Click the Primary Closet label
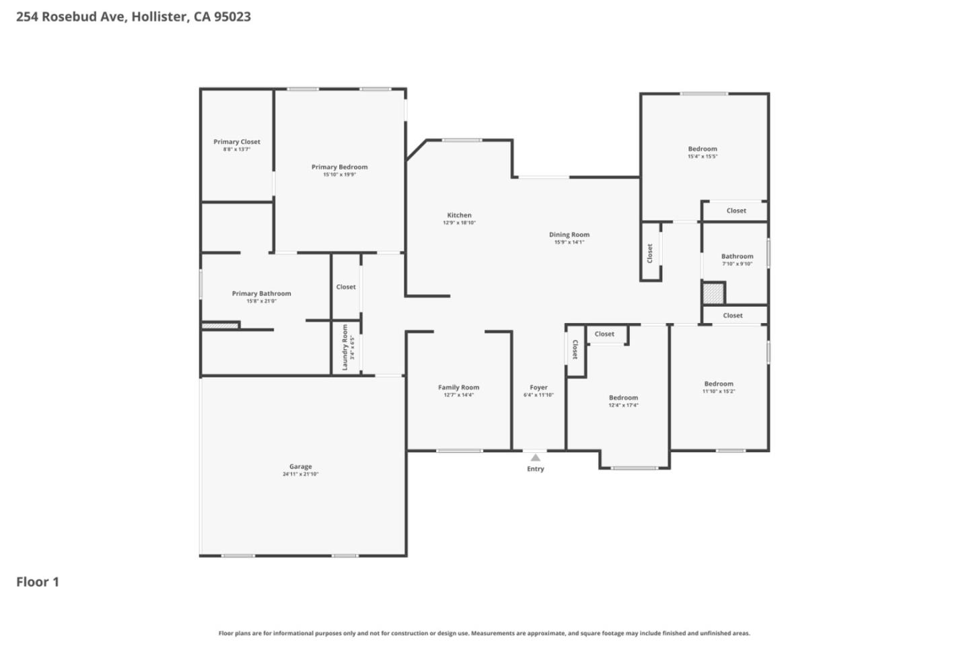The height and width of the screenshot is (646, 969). click(237, 142)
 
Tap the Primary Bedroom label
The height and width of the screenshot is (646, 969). click(339, 167)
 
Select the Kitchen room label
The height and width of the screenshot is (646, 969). click(460, 215)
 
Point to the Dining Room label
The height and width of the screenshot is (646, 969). click(569, 235)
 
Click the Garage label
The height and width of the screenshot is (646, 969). click(301, 466)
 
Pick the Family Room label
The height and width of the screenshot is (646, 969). click(459, 387)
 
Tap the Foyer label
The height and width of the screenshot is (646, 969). click(538, 388)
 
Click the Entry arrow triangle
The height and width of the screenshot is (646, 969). click(535, 458)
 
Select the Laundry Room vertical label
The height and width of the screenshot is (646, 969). click(345, 347)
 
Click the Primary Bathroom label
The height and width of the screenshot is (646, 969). click(262, 293)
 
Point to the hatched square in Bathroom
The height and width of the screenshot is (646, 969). click(713, 293)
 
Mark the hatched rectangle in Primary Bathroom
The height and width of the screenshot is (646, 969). click(220, 326)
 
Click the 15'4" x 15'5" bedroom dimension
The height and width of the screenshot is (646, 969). click(703, 157)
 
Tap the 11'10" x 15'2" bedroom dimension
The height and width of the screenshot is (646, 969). click(719, 392)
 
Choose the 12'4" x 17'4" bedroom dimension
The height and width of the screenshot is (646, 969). click(624, 406)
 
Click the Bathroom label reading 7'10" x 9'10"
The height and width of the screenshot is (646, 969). click(738, 256)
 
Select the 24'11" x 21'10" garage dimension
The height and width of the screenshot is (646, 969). click(301, 474)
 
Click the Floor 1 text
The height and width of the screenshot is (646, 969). click(38, 582)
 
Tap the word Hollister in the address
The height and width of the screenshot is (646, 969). click(159, 17)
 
